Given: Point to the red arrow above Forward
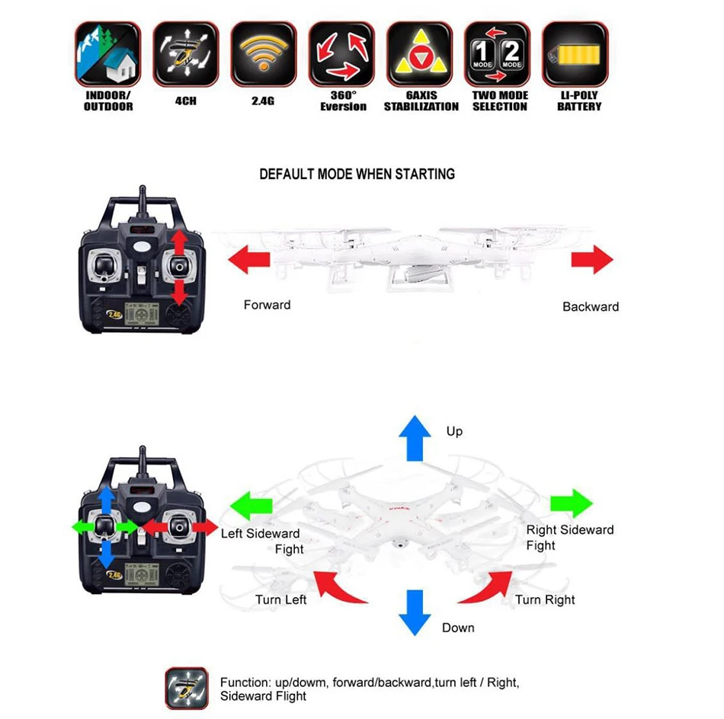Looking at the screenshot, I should [x=249, y=260].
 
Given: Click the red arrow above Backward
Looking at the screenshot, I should [x=592, y=260].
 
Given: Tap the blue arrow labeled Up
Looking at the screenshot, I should [x=417, y=437].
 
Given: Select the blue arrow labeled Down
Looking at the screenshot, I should [x=416, y=612].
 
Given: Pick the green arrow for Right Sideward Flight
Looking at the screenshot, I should [x=571, y=503].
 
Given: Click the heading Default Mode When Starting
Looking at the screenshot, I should [x=357, y=174].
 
